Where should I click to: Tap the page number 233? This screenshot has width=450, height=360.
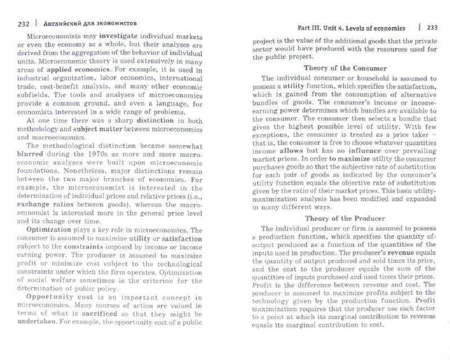pos(432,28)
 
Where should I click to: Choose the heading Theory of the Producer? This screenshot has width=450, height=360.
pos(344,218)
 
